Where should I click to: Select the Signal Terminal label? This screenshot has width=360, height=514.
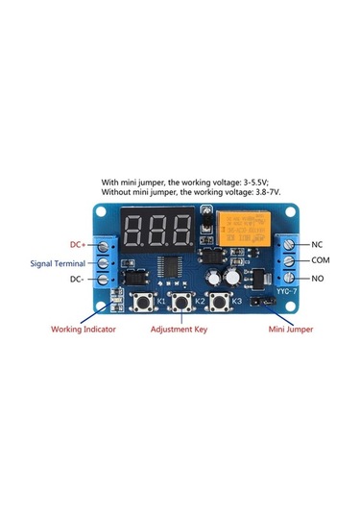click(x=58, y=261)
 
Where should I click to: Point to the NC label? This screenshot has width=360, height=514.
click(x=316, y=243)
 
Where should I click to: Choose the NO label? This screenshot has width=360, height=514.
click(x=316, y=278)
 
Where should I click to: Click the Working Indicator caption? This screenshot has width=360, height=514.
click(x=84, y=330)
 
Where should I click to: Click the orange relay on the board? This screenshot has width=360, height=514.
click(x=238, y=232)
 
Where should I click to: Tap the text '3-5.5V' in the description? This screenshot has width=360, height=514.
click(x=280, y=181)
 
